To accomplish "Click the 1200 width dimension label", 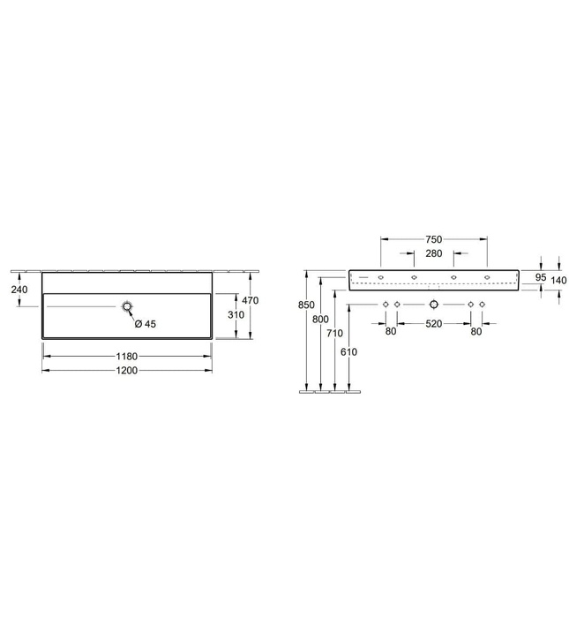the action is (127, 371).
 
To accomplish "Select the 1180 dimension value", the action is (127, 357).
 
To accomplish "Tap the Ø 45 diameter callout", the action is (146, 324).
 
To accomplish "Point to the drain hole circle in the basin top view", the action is (127, 306).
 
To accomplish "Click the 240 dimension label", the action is (19, 290).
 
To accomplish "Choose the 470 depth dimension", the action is (250, 300).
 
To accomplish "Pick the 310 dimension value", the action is (236, 314).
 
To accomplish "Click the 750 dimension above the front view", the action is (433, 239).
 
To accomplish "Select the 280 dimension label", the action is (433, 253).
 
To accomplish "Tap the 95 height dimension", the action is (541, 277).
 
